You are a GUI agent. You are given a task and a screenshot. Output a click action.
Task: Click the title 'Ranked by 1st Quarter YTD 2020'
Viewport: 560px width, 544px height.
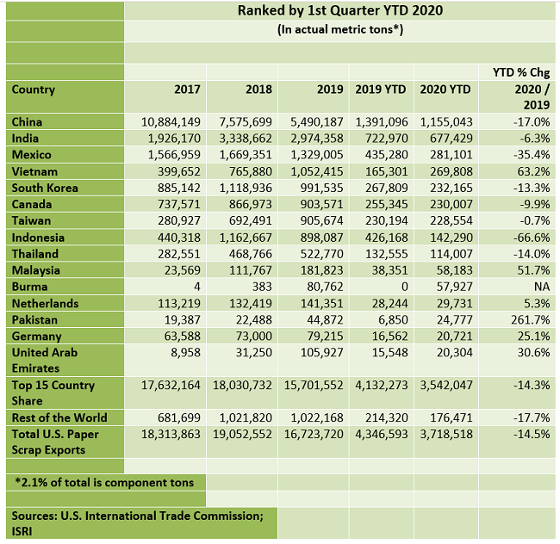coord(341,11)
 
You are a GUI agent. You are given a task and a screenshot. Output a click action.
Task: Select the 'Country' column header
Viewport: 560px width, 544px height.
coord(34,90)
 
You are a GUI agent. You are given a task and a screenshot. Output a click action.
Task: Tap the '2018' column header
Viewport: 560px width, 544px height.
coord(258,90)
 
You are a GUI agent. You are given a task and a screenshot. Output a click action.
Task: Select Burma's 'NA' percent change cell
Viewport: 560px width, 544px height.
coord(541,287)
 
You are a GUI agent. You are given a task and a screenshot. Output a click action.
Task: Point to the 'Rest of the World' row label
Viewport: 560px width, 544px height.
coord(59,418)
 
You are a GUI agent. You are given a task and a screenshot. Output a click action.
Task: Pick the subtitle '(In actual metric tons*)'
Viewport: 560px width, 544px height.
coord(340,30)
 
